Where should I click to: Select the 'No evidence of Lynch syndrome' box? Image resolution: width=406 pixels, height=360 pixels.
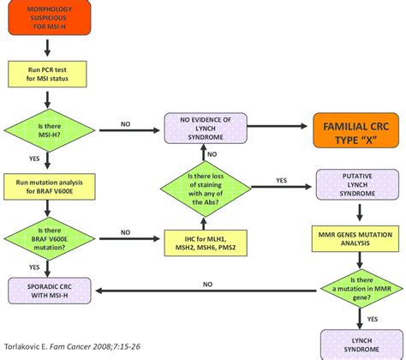pyautogui.click(x=203, y=129)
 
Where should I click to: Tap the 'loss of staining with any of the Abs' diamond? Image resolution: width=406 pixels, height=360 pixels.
pyautogui.click(x=203, y=183)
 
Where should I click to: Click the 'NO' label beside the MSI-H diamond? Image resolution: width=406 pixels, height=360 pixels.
pyautogui.click(x=125, y=123)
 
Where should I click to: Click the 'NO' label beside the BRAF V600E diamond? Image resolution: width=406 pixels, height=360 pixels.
pyautogui.click(x=125, y=231)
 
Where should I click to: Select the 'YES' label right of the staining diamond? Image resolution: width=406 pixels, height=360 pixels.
pyautogui.click(x=282, y=180)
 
